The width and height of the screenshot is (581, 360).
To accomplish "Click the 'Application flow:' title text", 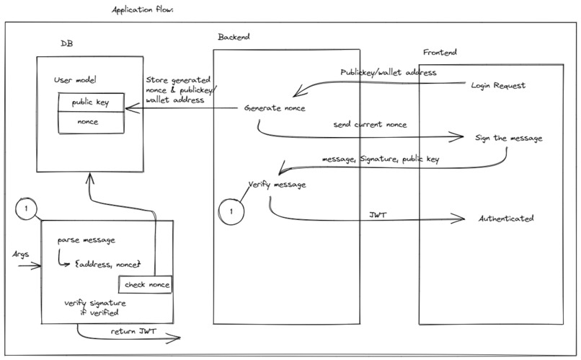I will (x=143, y=11).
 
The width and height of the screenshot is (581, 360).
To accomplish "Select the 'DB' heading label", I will (x=66, y=44).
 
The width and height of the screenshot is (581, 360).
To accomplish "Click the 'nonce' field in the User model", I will (x=89, y=122).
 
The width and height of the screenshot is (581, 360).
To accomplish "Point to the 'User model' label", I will (x=76, y=79).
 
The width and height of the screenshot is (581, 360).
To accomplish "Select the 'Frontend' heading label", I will (x=440, y=53).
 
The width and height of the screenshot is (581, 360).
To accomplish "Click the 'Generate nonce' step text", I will (x=275, y=108).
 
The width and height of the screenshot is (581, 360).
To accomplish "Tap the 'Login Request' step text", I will (x=498, y=85).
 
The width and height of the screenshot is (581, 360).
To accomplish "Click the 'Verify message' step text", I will (x=277, y=184).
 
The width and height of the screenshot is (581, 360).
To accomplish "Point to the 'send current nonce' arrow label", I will (x=370, y=124).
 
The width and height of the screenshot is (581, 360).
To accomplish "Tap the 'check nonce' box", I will (x=147, y=284).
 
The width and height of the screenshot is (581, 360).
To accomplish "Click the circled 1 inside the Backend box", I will (x=231, y=212).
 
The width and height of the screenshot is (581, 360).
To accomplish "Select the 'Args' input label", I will (x=20, y=255).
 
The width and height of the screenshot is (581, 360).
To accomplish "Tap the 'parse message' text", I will (x=86, y=240).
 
